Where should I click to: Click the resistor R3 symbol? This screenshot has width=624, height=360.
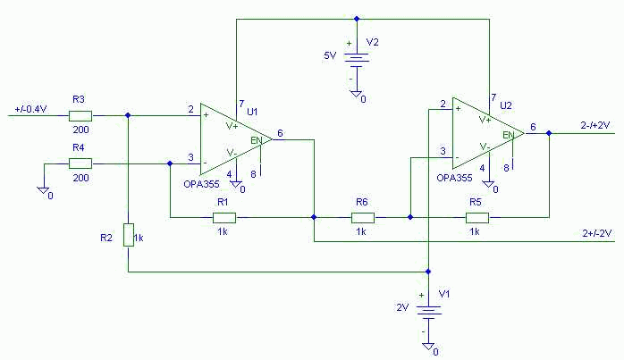[80, 115]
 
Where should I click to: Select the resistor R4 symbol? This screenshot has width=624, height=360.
[80, 163]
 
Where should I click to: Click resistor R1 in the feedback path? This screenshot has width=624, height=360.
[223, 217]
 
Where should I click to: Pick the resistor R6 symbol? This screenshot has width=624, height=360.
[362, 217]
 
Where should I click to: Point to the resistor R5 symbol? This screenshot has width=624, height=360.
[476, 217]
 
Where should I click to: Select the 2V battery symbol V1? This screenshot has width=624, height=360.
[428, 311]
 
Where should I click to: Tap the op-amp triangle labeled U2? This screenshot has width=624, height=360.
[485, 133]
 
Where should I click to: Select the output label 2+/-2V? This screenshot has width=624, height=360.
[592, 233]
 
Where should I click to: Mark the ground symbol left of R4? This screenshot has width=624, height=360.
[43, 189]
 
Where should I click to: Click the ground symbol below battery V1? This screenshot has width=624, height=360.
[428, 347]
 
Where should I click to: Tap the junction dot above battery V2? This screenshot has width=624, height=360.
[356, 17]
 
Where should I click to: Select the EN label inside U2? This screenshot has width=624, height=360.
[507, 135]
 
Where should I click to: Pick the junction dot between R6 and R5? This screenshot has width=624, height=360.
[409, 217]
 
